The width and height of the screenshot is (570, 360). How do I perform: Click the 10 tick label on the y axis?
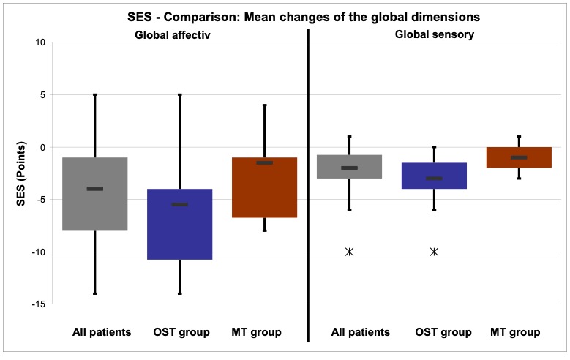[x=40, y=42]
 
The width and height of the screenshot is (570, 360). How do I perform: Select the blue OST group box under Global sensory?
[x=435, y=183]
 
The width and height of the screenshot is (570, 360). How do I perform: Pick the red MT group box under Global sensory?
[x=520, y=163]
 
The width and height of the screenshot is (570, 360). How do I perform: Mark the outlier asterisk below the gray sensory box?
[x=350, y=252]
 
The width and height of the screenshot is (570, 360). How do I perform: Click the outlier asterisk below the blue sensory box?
[x=435, y=252]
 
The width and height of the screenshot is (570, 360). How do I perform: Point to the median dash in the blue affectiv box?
[x=180, y=204]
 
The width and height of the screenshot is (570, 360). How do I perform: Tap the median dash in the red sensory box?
[x=520, y=157]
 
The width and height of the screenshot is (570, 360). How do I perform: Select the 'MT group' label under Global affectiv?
[x=256, y=332]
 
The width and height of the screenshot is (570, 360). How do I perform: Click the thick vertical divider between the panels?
[x=308, y=183]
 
